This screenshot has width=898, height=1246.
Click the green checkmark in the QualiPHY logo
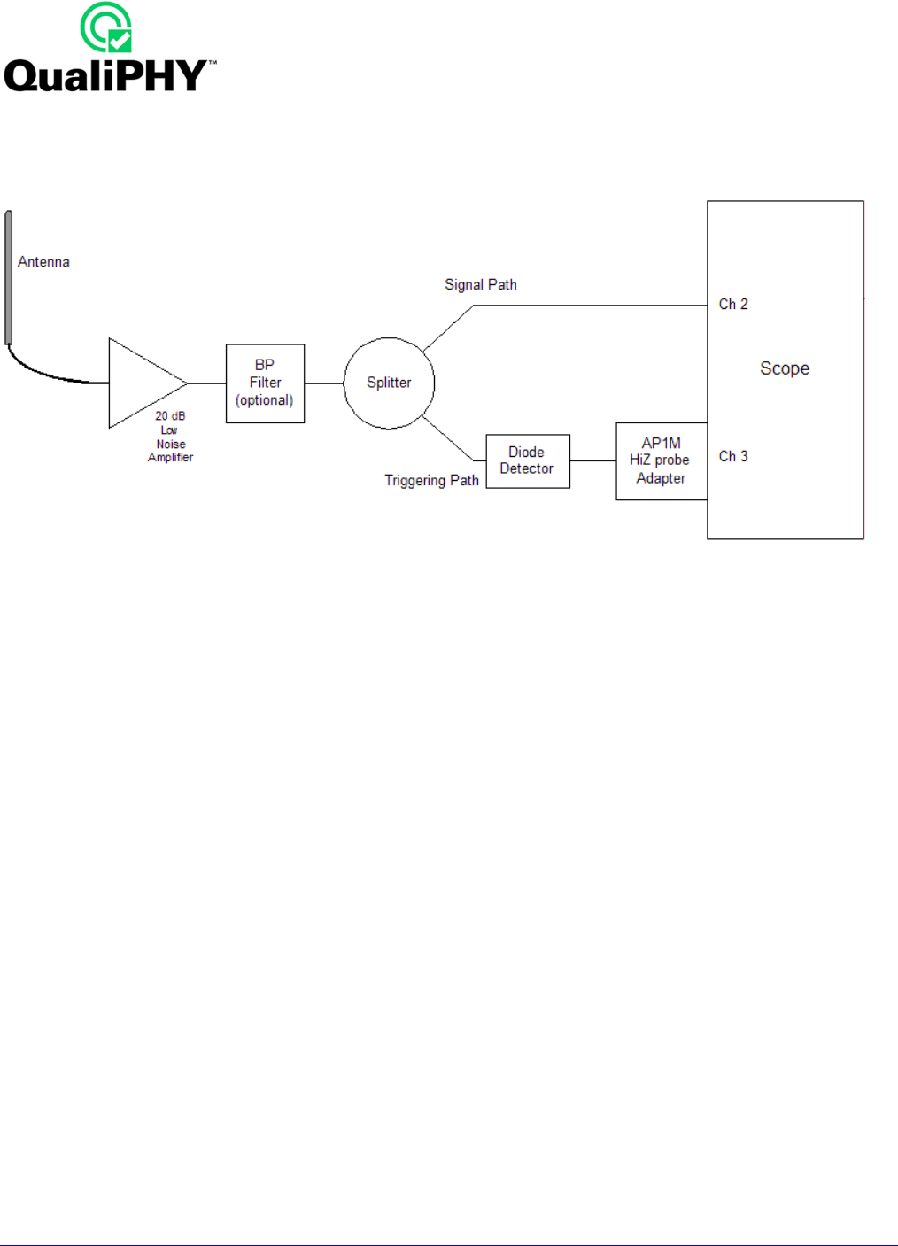pos(120,41)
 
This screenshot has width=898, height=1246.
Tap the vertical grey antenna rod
pos(8,277)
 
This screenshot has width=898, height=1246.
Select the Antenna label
pos(43,262)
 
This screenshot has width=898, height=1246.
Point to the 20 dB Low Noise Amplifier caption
pos(170,437)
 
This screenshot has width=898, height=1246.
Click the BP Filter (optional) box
pos(266,383)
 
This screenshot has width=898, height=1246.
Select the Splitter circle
pos(389,383)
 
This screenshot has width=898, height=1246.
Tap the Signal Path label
pos(481,285)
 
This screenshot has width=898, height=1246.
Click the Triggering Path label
pos(432,481)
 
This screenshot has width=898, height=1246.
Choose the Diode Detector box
pos(528,461)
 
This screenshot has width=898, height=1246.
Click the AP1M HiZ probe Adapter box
pos(662,461)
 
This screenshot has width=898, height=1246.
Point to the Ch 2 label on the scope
pos(733,305)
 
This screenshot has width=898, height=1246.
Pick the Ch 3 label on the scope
pos(733,457)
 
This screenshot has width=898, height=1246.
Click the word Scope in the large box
pos(785,368)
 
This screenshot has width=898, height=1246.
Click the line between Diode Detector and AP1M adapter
pos(593,460)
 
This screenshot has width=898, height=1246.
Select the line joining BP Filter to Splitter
pos(324,383)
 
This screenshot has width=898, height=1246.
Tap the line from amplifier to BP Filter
pos(207,383)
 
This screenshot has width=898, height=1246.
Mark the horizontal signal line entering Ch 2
pos(591,306)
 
